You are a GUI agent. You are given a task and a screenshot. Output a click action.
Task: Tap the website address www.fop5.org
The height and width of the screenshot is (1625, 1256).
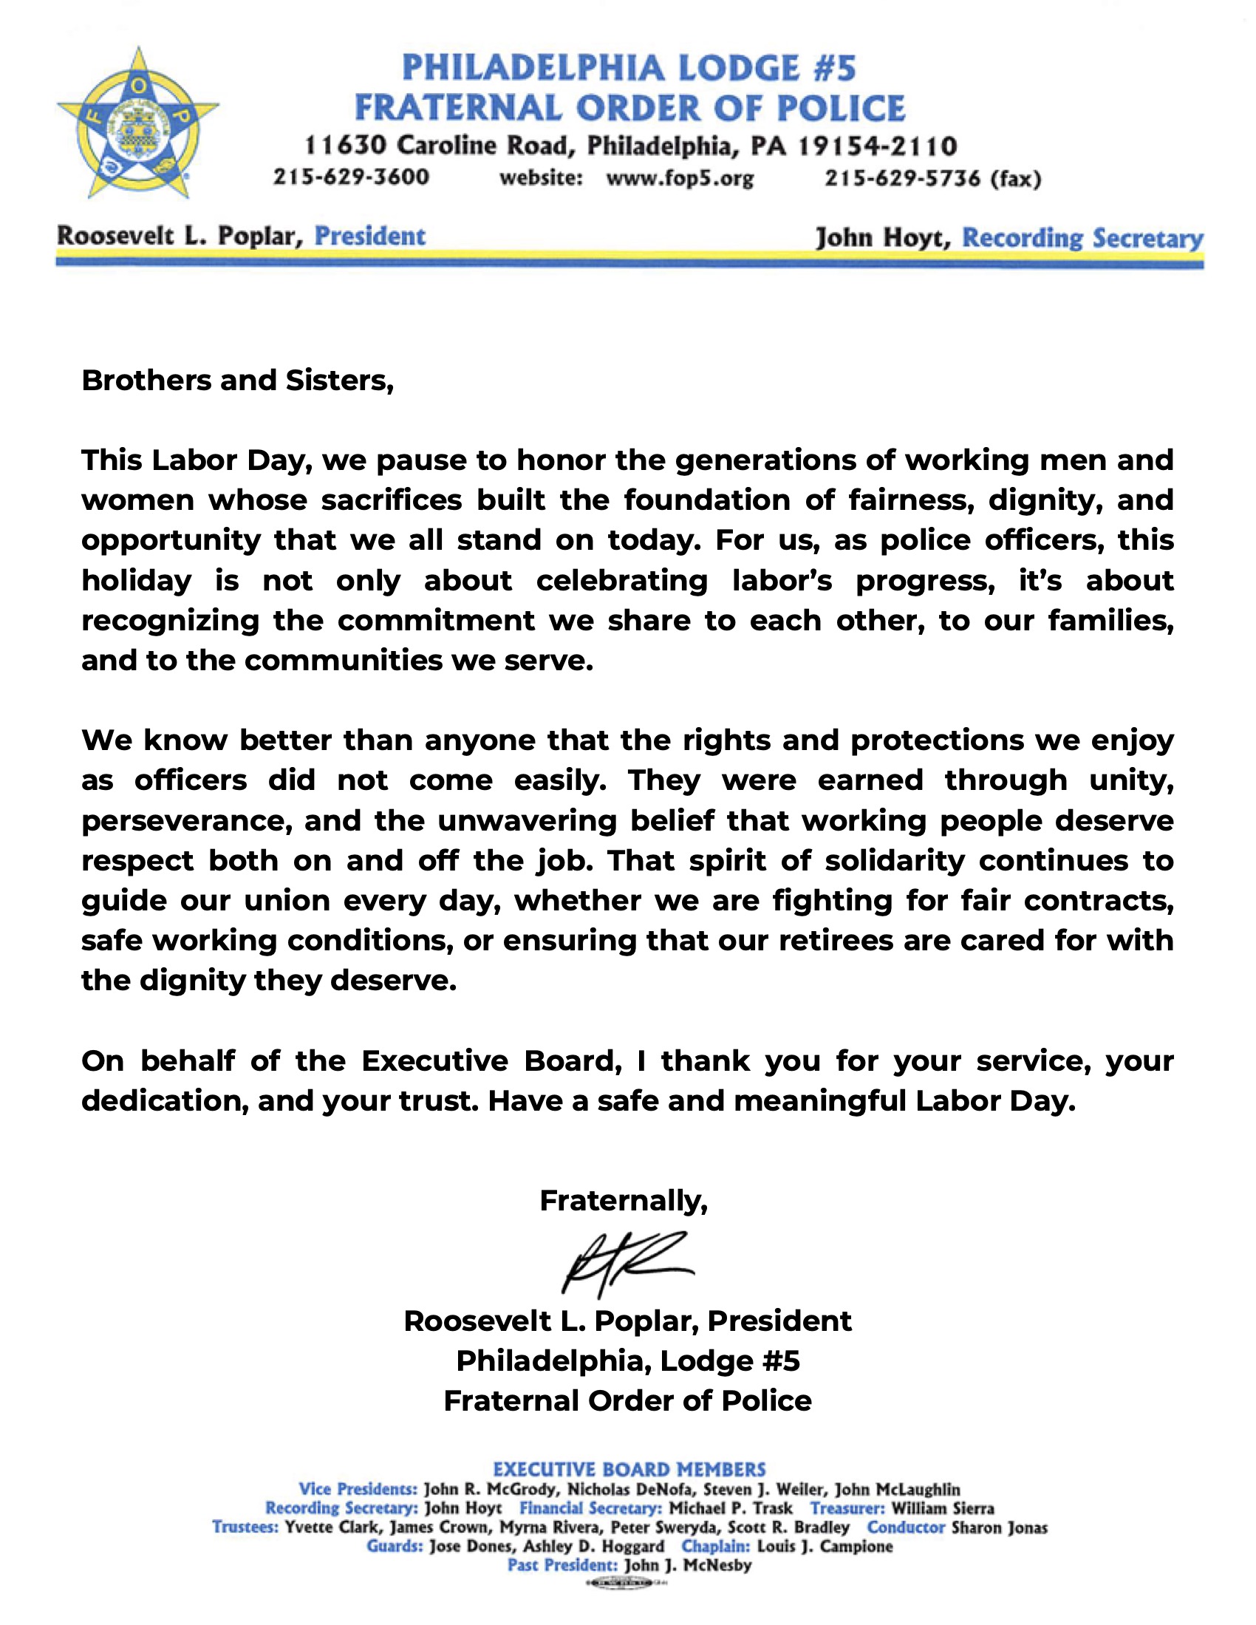679,179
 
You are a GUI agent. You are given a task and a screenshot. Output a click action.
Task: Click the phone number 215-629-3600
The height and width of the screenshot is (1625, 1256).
351,177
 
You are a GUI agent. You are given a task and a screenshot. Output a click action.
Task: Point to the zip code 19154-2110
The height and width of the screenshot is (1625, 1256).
878,146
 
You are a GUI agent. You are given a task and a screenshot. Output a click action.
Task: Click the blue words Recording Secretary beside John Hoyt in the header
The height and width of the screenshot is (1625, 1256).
1082,238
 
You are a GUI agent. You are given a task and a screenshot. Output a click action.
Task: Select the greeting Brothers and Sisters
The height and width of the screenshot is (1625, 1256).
237,381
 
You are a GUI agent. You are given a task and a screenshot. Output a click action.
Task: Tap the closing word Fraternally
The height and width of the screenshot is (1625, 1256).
624,1200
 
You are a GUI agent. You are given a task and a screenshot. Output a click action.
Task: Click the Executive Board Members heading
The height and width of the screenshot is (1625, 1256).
629,1470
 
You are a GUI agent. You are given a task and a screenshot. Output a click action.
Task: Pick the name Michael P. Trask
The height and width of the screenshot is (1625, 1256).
731,1508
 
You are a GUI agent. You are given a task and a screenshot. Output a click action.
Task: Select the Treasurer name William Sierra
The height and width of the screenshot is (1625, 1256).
943,1508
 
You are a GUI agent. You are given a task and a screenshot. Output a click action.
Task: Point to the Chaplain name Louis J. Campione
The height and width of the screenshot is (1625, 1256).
825,1547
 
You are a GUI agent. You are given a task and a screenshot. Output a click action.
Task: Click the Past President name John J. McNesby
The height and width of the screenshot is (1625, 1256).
689,1565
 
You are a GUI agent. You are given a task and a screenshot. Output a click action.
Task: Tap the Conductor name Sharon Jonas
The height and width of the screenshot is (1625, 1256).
1000,1527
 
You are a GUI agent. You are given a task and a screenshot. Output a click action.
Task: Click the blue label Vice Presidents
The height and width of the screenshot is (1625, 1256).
358,1489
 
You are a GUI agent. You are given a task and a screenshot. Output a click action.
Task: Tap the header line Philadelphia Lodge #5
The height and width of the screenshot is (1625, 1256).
629,69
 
